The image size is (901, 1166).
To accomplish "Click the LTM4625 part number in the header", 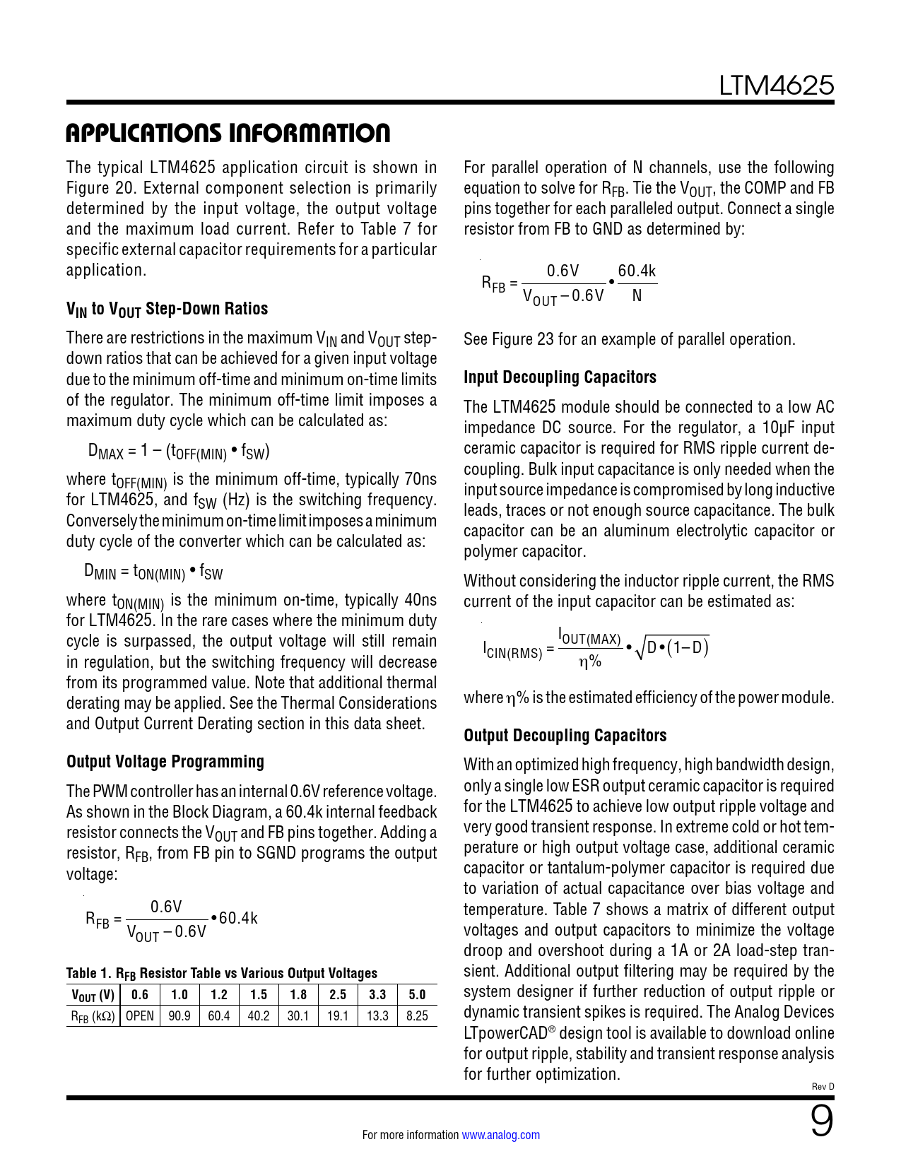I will pos(776,86).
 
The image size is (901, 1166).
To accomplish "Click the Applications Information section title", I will pos(228,133).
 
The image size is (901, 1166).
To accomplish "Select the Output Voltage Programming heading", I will pos(165,762).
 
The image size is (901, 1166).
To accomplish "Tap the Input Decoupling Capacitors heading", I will pos(560,377).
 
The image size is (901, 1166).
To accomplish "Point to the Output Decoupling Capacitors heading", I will pos(565,736).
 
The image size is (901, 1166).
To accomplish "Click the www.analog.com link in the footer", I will pos(500,1135).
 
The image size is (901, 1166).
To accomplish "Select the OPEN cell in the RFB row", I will pos(140,1016).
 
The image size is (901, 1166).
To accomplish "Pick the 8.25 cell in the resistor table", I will pos(417,1016).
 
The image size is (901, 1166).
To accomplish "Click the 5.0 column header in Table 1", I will pos(417,995).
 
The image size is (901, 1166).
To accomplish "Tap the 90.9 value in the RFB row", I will pos(179,1016).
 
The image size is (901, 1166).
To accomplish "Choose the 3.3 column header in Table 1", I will pos(377,995).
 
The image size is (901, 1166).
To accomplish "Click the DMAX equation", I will pos(179,452).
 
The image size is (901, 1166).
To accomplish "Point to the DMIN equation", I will pos(153,572).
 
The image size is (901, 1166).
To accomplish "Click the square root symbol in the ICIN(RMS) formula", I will pos(640,649).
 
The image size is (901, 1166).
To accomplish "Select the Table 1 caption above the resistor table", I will pos(222,973).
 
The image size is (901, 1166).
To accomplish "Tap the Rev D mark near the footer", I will pos(823,1086).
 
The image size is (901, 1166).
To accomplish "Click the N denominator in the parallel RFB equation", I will pos(637,296).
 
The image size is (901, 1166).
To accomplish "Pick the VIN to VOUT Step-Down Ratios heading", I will pos(167,309).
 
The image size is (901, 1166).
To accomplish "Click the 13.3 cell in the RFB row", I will pos(377,1016).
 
